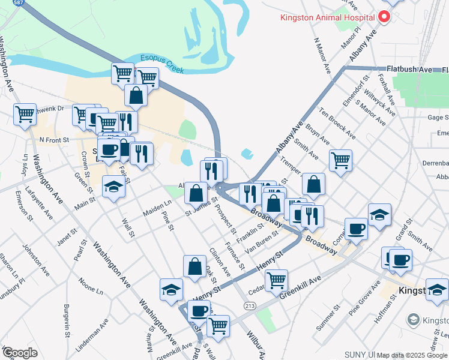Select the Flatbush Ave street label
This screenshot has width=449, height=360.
(x=409, y=70)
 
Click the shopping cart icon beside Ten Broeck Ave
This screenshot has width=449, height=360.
(x=340, y=160)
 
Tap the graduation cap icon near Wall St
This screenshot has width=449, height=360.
(x=113, y=187)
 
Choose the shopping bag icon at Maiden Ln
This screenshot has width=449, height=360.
(x=196, y=193)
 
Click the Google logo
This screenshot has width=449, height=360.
(x=20, y=352)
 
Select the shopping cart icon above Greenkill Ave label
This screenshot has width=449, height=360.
(x=276, y=280)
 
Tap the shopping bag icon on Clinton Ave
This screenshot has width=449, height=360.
(x=195, y=268)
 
